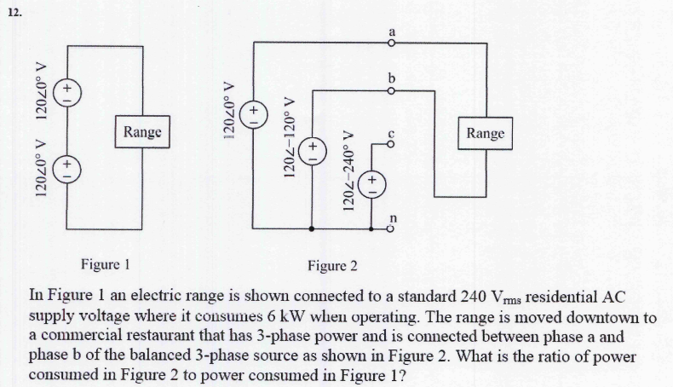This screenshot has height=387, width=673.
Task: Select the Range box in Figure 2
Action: pos(486,133)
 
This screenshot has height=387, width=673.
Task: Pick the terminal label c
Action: pos(391,134)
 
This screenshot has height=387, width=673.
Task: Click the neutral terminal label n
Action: pos(393,217)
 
